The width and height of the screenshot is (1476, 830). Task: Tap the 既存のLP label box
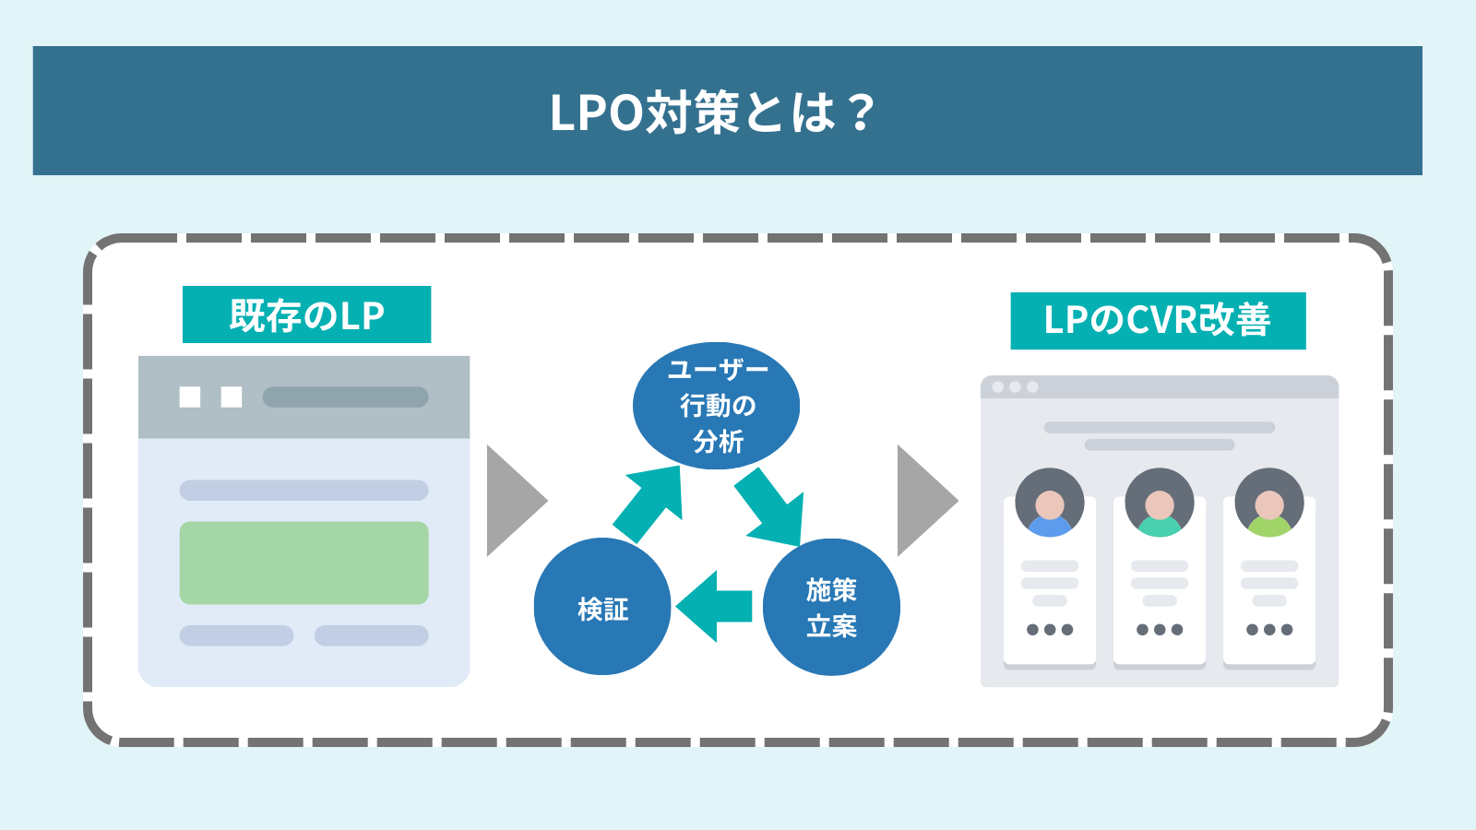pos(306,314)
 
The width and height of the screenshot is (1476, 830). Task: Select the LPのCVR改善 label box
pos(1158,320)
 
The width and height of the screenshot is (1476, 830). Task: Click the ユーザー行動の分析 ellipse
pos(716,406)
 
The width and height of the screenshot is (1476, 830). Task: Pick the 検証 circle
pos(602,607)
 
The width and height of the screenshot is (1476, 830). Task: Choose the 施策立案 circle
pos(831,607)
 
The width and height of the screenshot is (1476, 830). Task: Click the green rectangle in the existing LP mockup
pos(304,563)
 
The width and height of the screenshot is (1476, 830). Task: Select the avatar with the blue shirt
pos(1050,503)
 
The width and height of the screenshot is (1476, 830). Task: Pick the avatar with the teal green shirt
pos(1160,503)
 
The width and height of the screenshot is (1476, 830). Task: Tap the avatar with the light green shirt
pos(1269,503)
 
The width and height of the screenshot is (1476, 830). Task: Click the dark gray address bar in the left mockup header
pos(345,397)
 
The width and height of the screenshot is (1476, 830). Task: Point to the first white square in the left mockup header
pos(190,397)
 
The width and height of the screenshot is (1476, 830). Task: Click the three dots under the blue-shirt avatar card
pos(1050,630)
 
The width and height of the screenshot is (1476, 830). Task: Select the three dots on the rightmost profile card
pos(1269,630)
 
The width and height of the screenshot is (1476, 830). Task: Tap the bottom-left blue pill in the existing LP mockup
pos(236,635)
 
